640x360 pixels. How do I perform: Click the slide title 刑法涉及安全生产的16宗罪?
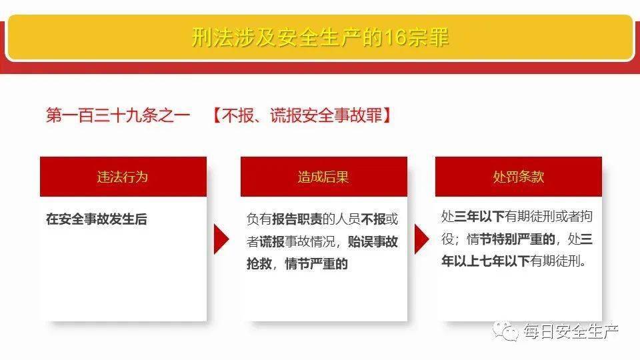point(320,37)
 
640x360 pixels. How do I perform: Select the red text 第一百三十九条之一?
point(117,115)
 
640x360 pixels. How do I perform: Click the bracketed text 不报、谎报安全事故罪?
point(302,115)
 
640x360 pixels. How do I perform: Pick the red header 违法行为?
point(123,177)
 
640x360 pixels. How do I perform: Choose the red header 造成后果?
point(323,177)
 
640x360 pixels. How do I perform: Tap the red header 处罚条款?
point(518,177)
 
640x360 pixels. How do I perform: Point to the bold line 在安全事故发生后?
point(96,219)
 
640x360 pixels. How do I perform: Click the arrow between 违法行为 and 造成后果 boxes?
point(221,239)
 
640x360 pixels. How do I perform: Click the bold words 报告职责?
point(297,219)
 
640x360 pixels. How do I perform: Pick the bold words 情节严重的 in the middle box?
point(317,263)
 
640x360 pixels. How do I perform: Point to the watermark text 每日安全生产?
point(571,331)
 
